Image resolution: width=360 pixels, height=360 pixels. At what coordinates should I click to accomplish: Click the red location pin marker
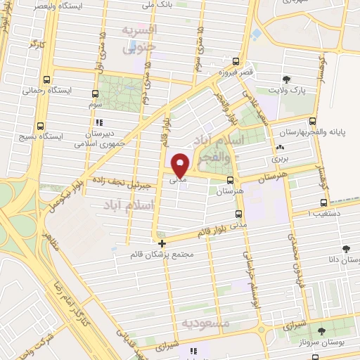pyautogui.click(x=180, y=165)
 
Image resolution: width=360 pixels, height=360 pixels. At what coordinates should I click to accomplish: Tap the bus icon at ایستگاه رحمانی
pyautogui.click(x=46, y=79)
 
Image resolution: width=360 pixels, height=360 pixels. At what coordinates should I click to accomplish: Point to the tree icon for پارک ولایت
pyautogui.click(x=286, y=79)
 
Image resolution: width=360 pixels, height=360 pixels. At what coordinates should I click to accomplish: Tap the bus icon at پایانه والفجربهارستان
pyautogui.click(x=312, y=121)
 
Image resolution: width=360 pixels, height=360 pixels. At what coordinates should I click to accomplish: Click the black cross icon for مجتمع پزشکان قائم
pyautogui.click(x=162, y=243)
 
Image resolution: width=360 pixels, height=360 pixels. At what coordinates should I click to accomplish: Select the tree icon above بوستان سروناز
pyautogui.click(x=321, y=330)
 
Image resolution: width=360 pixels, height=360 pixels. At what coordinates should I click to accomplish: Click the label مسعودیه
pyautogui.click(x=206, y=323)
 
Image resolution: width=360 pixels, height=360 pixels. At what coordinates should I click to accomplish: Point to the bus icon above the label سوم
pyautogui.click(x=96, y=92)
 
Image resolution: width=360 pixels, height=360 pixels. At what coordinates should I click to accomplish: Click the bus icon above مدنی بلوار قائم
pyautogui.click(x=238, y=214)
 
